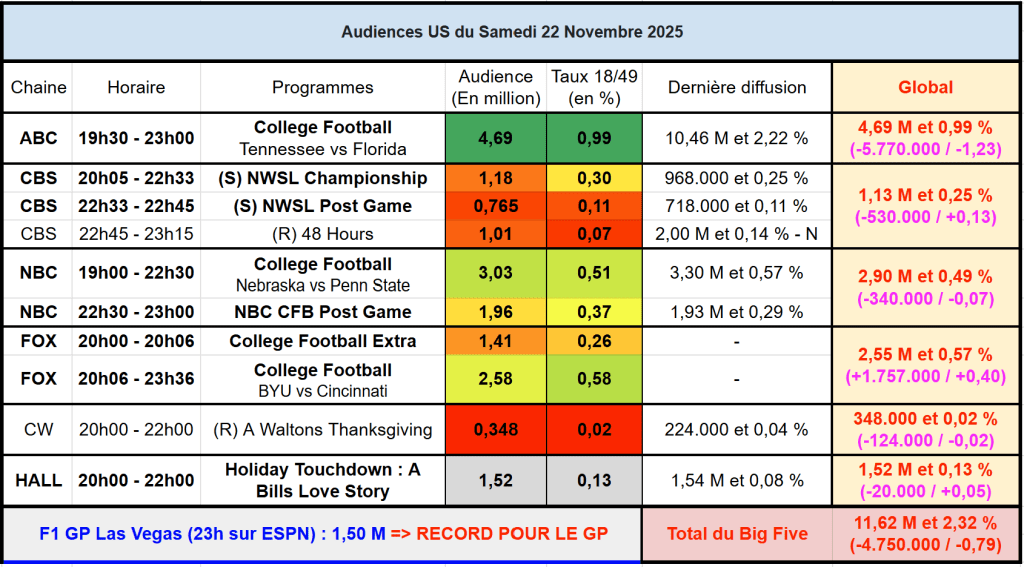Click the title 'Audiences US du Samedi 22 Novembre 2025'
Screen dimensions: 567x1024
(512, 32)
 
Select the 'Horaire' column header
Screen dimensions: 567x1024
(136, 87)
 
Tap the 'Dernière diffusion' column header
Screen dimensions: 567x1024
(737, 87)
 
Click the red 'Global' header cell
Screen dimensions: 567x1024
(925, 87)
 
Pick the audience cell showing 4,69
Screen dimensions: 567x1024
(495, 138)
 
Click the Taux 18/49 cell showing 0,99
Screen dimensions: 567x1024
(594, 138)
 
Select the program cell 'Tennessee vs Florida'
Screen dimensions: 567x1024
(322, 149)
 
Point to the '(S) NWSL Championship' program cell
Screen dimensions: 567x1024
(322, 178)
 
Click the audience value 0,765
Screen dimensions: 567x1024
(495, 206)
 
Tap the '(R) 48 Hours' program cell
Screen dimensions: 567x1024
(322, 234)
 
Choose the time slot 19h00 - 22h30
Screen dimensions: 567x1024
(136, 274)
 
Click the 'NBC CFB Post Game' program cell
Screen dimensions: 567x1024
(322, 312)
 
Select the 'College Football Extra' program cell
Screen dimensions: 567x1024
(322, 341)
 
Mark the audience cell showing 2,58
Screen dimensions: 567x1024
(495, 379)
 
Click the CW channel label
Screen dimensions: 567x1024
(39, 430)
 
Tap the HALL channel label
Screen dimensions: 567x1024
(39, 480)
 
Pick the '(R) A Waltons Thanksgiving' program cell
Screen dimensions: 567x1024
(322, 430)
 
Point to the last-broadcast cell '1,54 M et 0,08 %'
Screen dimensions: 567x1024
(737, 480)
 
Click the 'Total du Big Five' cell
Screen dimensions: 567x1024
(737, 533)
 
